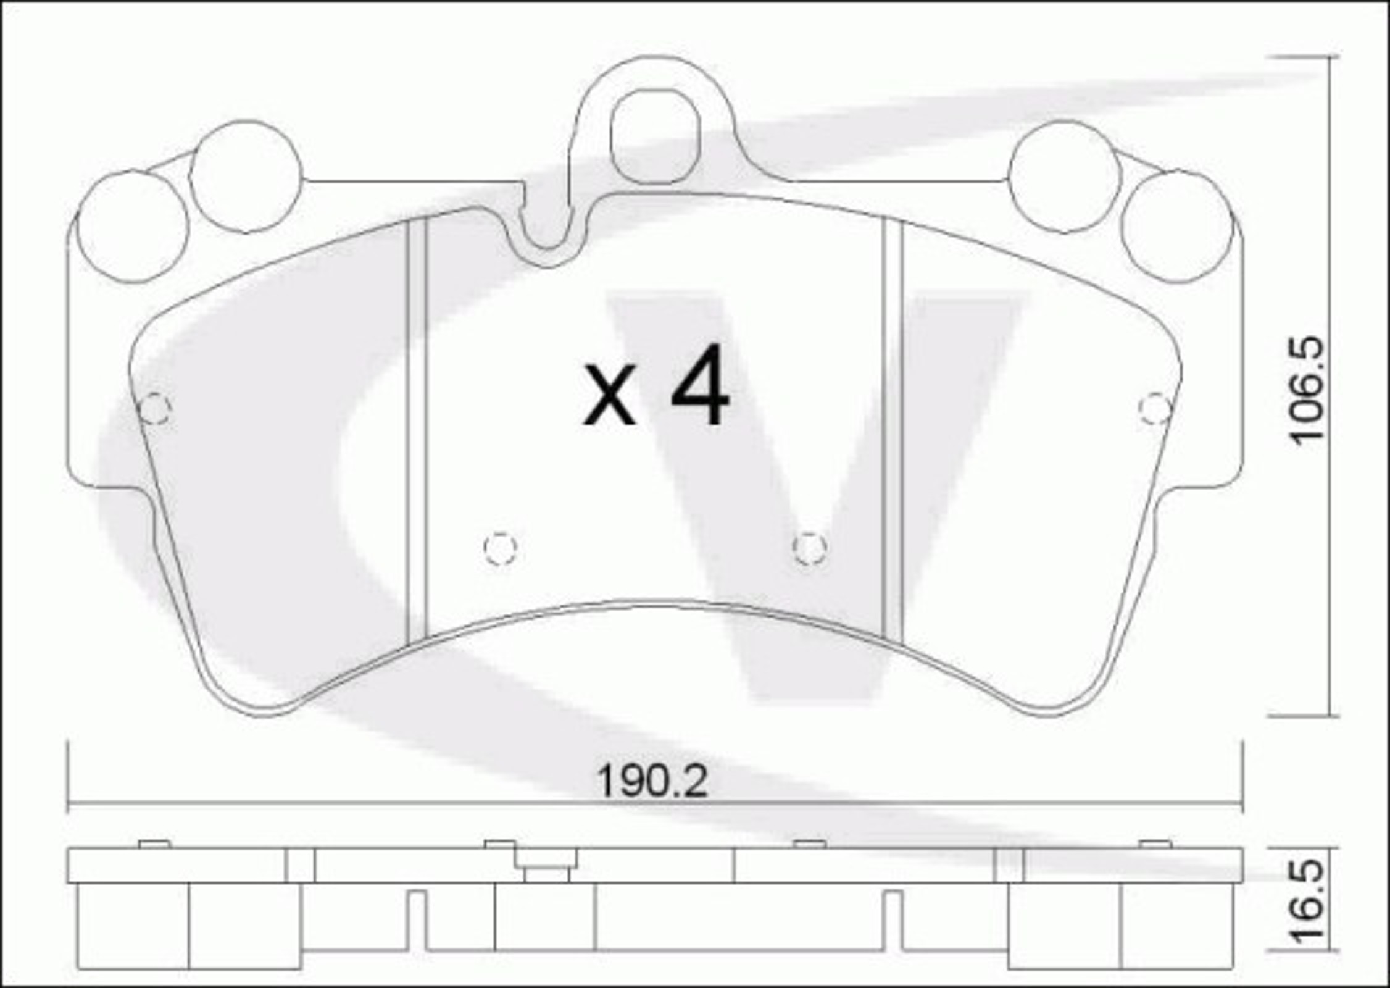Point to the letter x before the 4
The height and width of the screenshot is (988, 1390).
tap(610, 395)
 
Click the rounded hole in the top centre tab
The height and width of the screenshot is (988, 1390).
tap(655, 136)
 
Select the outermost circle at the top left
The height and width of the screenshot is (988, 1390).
tap(132, 227)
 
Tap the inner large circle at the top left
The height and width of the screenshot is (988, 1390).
tap(246, 177)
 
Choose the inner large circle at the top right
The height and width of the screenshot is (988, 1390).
tap(1065, 177)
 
